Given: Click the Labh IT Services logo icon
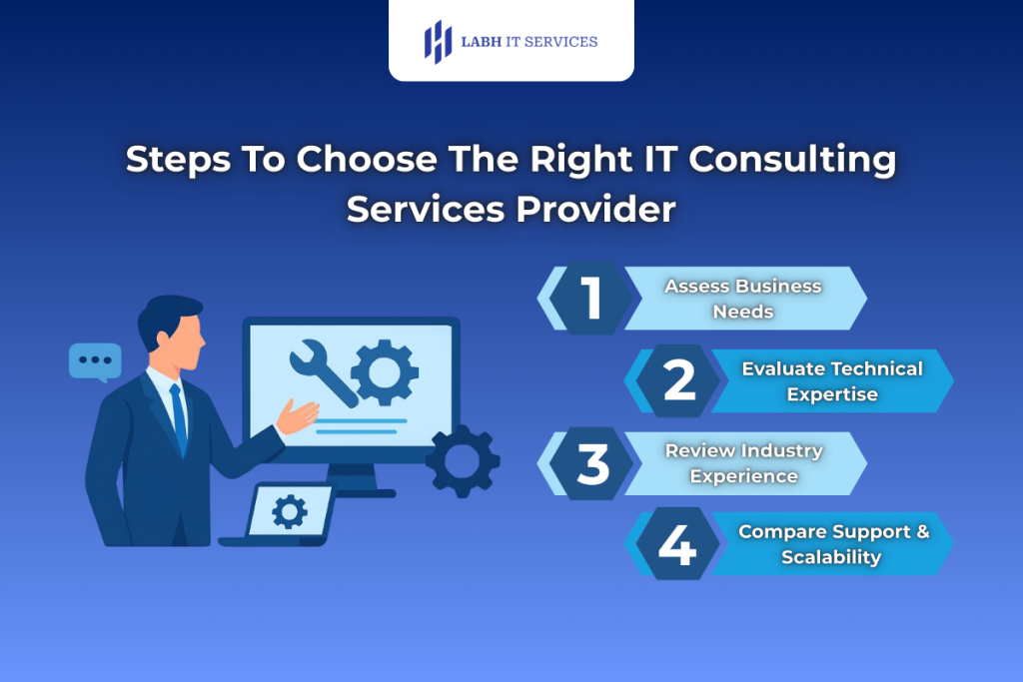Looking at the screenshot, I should tap(438, 42).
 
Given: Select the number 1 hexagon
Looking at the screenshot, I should tap(593, 299).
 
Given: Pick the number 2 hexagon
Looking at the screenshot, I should tap(679, 380).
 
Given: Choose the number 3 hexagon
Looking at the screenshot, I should tap(593, 463).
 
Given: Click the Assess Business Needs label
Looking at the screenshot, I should tap(742, 299).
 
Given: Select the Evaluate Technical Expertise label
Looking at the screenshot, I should tap(831, 381).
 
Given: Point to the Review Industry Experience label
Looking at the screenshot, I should tap(743, 463).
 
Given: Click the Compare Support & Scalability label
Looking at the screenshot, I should tap(833, 544).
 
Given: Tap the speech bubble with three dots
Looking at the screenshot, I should tap(95, 360).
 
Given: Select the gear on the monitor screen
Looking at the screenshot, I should tap(385, 371).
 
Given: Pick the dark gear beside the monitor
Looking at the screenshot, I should tap(462, 461).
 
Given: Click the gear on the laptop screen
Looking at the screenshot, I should tap(290, 512).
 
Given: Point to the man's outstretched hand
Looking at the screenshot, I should tap(297, 415).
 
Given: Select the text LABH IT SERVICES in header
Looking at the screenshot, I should tap(528, 42).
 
